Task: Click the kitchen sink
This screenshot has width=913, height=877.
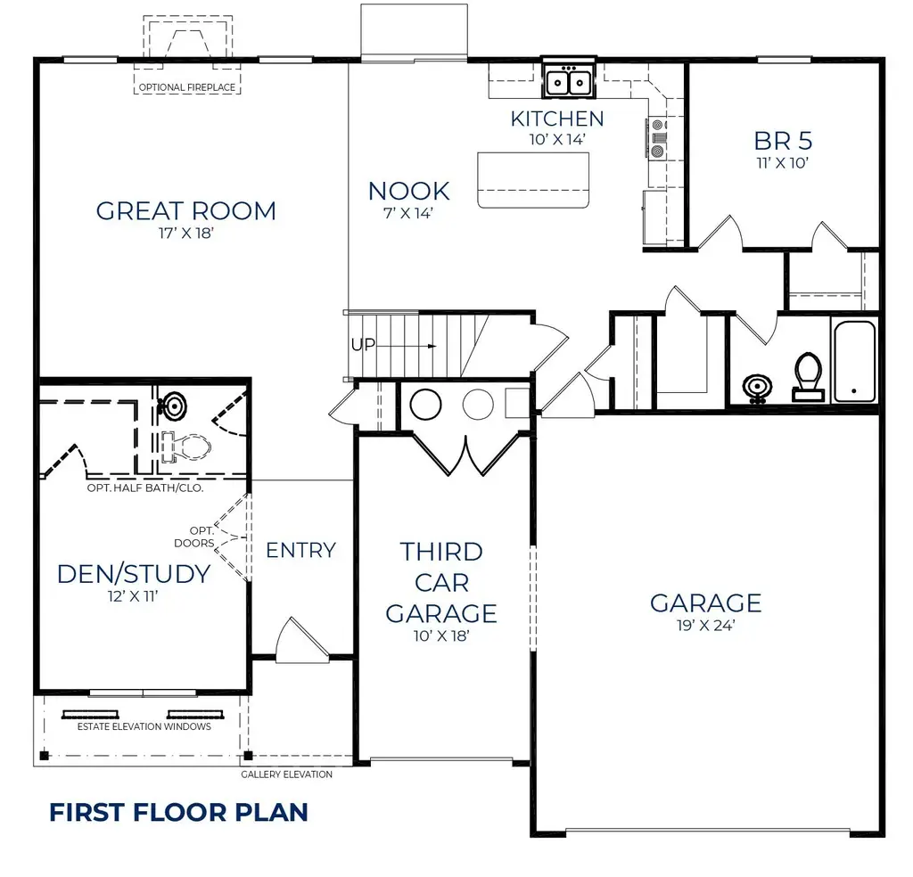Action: pyautogui.click(x=569, y=80)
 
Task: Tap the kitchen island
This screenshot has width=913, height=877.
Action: pyautogui.click(x=533, y=180)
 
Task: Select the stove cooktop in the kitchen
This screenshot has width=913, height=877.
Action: pyautogui.click(x=657, y=138)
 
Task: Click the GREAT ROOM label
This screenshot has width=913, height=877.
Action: pyautogui.click(x=185, y=210)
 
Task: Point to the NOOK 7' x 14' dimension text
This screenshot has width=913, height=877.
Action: pyautogui.click(x=408, y=214)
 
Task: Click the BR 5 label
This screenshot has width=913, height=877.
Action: pyautogui.click(x=783, y=141)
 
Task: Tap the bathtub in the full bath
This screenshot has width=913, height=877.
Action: pyautogui.click(x=855, y=361)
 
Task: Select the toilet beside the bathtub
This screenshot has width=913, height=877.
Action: pyautogui.click(x=808, y=376)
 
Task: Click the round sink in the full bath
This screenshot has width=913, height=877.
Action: pyautogui.click(x=757, y=387)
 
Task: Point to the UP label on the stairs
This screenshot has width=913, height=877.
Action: pyautogui.click(x=363, y=345)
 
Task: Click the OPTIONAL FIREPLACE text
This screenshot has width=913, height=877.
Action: pyautogui.click(x=187, y=87)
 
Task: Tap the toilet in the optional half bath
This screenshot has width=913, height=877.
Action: pyautogui.click(x=185, y=447)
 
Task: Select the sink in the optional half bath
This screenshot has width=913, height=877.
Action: pyautogui.click(x=173, y=406)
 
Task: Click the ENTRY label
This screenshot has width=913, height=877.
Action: pyautogui.click(x=301, y=550)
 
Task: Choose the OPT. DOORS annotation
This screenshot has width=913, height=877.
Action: pyautogui.click(x=195, y=537)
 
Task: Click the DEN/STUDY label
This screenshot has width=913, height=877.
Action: pyautogui.click(x=134, y=574)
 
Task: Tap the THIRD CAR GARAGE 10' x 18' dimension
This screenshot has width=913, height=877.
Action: pyautogui.click(x=440, y=636)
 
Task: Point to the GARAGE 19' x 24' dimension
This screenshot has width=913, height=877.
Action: pyautogui.click(x=705, y=626)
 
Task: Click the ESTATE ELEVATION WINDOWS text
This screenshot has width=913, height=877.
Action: pyautogui.click(x=144, y=726)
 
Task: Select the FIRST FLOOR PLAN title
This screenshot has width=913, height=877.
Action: pyautogui.click(x=178, y=813)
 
